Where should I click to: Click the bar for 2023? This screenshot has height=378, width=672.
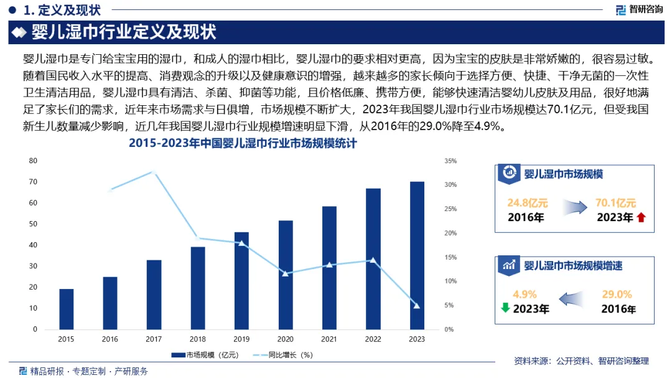point(417,255)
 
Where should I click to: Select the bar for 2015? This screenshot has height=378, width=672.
point(66,309)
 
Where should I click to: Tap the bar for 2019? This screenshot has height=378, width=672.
point(241,280)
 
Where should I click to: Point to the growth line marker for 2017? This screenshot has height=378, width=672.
point(154,171)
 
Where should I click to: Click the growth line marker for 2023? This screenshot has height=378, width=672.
point(417,306)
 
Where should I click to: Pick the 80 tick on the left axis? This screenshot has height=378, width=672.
point(33,161)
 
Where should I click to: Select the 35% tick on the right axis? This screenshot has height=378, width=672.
point(450,161)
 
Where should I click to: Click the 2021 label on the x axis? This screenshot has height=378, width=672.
point(329,339)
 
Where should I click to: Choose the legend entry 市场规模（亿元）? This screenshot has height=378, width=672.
point(205,355)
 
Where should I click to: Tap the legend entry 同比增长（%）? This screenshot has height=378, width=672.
point(283,355)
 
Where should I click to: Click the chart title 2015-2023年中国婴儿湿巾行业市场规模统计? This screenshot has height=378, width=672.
point(243,144)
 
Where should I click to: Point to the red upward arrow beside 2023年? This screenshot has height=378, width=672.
point(642,217)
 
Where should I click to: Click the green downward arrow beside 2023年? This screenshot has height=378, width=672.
point(505,308)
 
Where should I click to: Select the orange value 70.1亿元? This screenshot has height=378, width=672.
point(616,203)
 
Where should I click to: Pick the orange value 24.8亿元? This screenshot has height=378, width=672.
point(527,203)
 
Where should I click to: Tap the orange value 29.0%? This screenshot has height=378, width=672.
point(617,295)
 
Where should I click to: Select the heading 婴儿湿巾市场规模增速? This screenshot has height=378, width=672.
point(573,265)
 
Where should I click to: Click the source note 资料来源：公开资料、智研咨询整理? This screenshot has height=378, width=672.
point(581,361)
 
